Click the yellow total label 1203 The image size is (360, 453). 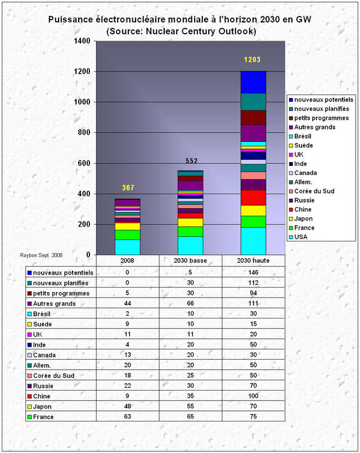pyautogui.click(x=252, y=60)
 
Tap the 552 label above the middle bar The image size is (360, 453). pyautogui.click(x=191, y=162)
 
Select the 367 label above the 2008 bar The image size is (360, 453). pyautogui.click(x=128, y=188)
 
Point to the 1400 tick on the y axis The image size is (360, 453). pyautogui.click(x=82, y=41)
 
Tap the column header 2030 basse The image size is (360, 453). pyautogui.click(x=191, y=261)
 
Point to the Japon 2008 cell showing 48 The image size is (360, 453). pyautogui.click(x=128, y=406)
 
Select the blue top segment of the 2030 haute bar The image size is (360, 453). pyautogui.click(x=253, y=82)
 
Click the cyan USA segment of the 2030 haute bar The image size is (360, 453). pyautogui.click(x=253, y=241)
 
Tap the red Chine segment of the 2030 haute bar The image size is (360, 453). pyautogui.click(x=253, y=198)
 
